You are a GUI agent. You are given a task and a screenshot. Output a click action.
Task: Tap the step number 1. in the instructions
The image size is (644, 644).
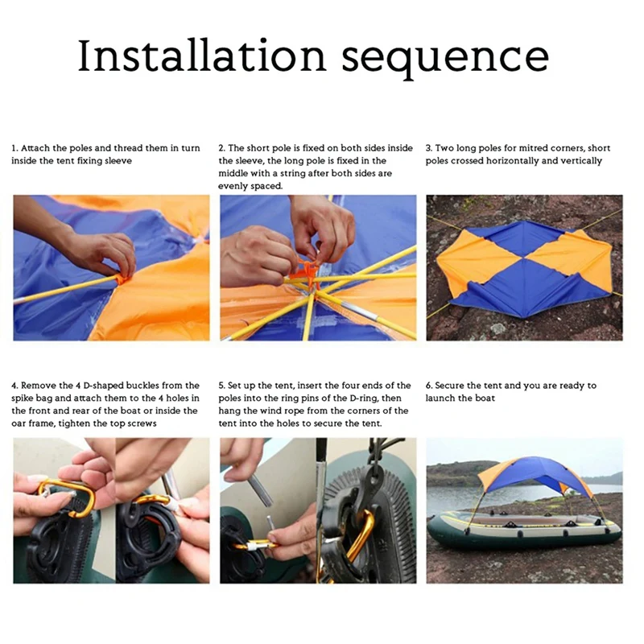[x=14, y=148]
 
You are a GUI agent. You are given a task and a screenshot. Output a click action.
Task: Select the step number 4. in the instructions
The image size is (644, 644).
[x=14, y=386]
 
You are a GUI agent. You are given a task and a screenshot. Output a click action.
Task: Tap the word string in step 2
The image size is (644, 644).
[x=293, y=174]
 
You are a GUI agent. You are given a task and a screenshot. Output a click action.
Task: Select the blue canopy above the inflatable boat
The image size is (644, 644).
[x=535, y=474]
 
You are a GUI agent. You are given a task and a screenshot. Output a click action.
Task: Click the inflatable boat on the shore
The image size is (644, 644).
[x=525, y=530]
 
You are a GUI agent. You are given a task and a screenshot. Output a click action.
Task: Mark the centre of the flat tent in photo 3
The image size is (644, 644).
[x=524, y=269]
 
